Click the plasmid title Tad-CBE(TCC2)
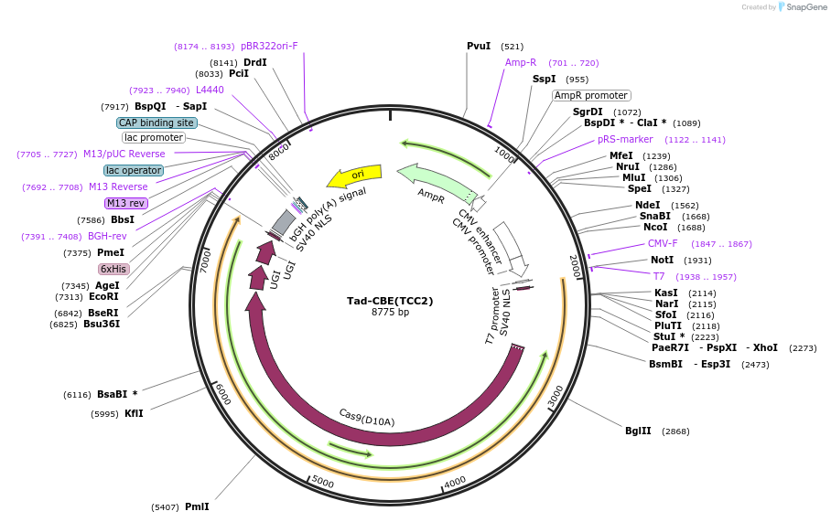click(390, 301)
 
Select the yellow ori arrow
click(355, 174)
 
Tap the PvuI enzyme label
click(479, 46)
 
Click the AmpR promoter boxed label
click(591, 95)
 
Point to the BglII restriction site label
click(638, 431)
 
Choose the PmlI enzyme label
click(197, 506)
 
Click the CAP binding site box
click(156, 123)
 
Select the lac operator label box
click(134, 170)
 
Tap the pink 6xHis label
click(113, 269)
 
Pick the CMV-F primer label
click(663, 244)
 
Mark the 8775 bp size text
click(390, 313)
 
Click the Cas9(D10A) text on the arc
click(367, 418)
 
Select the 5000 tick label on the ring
click(323, 480)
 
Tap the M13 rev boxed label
click(125, 203)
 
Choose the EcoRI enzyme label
click(103, 296)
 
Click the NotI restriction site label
click(662, 261)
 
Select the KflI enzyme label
click(134, 413)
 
